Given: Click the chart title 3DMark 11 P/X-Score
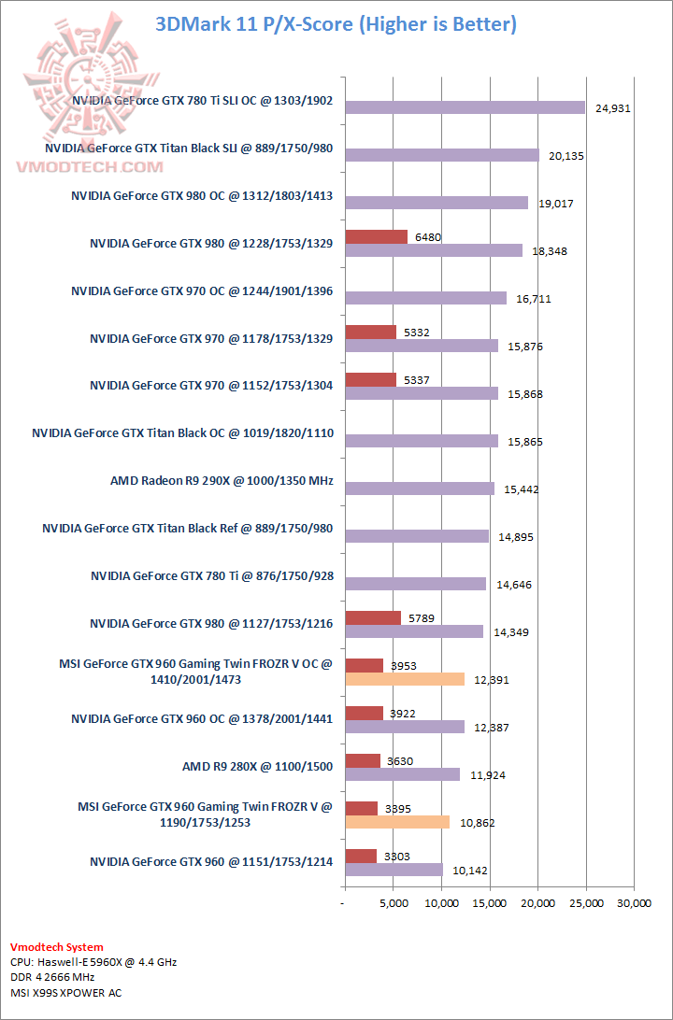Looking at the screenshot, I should click(x=336, y=23).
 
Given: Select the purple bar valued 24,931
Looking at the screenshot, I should click(x=465, y=107).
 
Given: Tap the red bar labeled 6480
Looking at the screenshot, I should click(x=376, y=236).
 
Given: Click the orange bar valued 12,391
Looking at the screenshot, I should click(x=405, y=679).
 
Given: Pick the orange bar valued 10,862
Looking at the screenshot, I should click(x=397, y=822).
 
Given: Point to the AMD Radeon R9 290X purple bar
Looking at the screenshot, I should click(x=420, y=489).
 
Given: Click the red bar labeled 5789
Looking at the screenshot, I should click(x=373, y=617).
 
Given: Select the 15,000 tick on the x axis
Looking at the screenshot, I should click(x=490, y=902).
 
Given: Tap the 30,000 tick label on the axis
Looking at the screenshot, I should click(x=634, y=902).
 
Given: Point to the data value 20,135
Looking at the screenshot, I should click(x=566, y=156).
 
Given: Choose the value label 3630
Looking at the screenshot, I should click(x=400, y=761).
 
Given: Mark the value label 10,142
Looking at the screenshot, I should click(x=470, y=871).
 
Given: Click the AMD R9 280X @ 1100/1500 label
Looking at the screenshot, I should click(x=258, y=767).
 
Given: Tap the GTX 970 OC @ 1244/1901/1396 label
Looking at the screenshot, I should click(x=202, y=290).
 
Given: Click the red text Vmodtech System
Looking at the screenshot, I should click(x=57, y=947).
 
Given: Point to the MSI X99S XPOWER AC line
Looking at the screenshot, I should click(x=65, y=992).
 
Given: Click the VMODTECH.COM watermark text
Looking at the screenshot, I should click(x=89, y=166).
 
